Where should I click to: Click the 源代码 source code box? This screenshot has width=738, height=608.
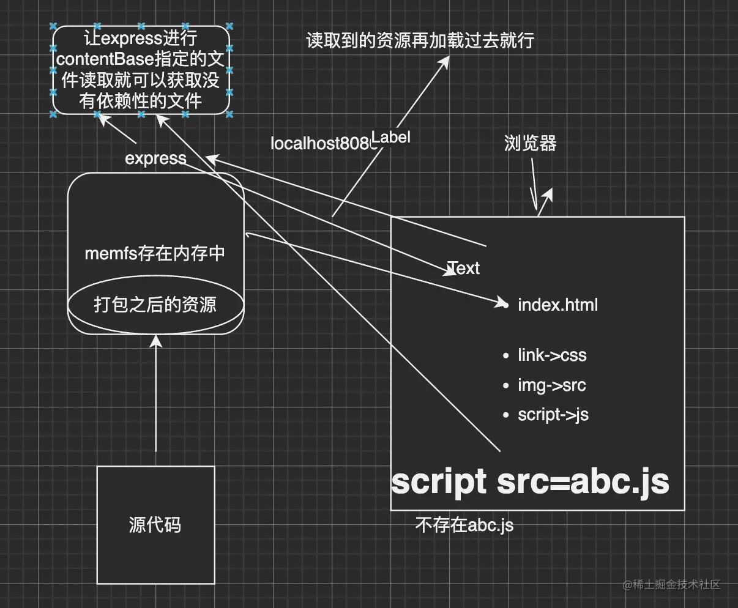(x=155, y=524)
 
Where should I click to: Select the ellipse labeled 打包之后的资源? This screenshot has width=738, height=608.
(x=155, y=304)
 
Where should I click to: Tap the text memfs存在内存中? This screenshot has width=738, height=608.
(x=155, y=253)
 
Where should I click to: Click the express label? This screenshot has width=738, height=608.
(x=155, y=158)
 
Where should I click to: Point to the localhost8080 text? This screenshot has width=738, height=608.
(x=321, y=144)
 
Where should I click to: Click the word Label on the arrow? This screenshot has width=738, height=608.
(x=390, y=137)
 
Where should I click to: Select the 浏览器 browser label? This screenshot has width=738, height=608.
(x=530, y=143)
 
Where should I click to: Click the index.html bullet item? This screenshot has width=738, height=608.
(x=557, y=305)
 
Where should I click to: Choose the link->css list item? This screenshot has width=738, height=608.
(x=551, y=355)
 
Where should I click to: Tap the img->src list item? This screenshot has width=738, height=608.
(x=551, y=385)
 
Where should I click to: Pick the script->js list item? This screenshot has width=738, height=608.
(x=553, y=415)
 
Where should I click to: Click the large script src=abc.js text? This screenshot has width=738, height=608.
(x=530, y=481)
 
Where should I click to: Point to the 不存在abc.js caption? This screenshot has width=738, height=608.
(x=464, y=525)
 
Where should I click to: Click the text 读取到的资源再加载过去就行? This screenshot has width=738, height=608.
(x=420, y=40)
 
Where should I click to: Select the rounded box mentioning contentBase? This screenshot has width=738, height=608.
(x=141, y=70)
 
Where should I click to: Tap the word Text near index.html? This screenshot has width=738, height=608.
(x=463, y=268)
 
